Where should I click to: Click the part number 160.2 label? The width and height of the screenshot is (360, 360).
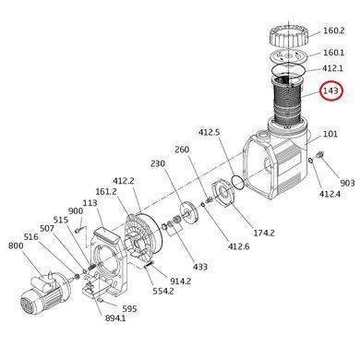click(x=334, y=30)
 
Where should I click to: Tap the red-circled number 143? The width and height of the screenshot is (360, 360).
click(x=330, y=90)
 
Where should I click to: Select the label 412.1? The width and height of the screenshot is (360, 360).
click(x=332, y=68)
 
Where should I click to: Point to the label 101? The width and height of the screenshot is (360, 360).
click(x=330, y=134)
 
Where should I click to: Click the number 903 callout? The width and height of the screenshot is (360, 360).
click(x=347, y=183)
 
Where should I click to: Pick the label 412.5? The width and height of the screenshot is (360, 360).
click(x=210, y=133)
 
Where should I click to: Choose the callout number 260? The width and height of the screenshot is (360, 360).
click(x=182, y=150)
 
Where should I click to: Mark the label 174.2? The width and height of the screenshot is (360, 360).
click(x=264, y=233)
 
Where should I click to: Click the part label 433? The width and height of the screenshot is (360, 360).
click(x=200, y=267)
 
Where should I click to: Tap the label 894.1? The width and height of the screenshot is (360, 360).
click(x=115, y=318)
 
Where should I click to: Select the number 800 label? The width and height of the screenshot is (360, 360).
click(x=16, y=246)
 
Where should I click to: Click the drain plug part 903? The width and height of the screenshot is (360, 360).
click(x=320, y=155)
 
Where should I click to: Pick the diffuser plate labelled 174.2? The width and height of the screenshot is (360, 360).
click(x=223, y=194)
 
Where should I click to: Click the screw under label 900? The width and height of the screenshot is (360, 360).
click(x=78, y=230)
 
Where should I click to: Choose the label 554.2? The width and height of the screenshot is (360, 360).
click(x=163, y=291)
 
